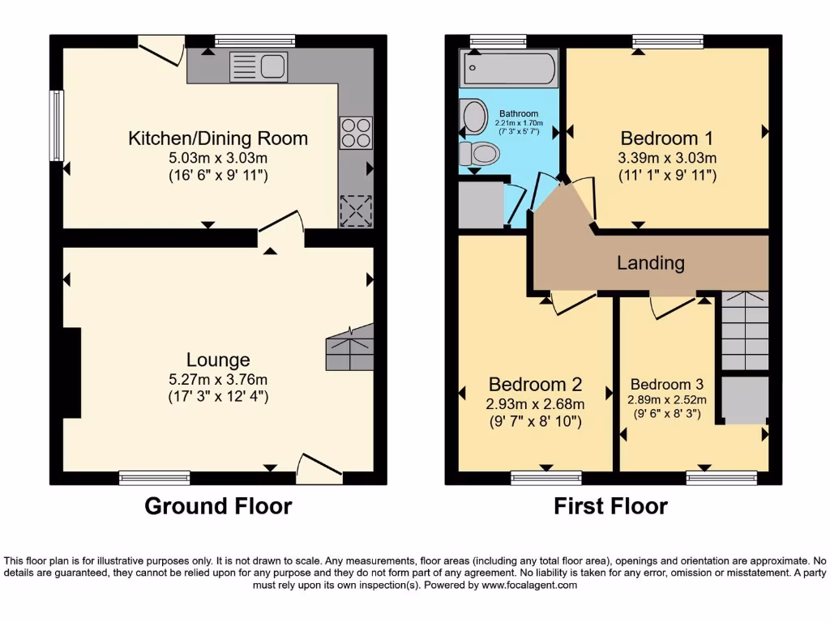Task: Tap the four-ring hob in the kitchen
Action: tap(357, 133)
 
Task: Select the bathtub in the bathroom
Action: tap(508, 69)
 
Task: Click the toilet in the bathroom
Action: tap(482, 152)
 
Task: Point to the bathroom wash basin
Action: tap(472, 116)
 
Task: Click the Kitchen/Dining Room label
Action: tap(218, 138)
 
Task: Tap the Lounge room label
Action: tap(218, 360)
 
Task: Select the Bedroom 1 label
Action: tap(659, 138)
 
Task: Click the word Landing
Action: tap(650, 263)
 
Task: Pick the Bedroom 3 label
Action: tap(666, 384)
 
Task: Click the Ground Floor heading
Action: tap(218, 506)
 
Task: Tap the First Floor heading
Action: tap(610, 506)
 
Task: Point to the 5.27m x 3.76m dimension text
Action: tap(218, 379)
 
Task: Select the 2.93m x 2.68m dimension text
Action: tap(535, 403)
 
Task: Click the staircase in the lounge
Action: tap(349, 348)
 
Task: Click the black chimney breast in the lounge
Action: tap(71, 373)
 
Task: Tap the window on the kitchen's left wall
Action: tap(57, 126)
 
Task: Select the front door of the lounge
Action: tap(318, 468)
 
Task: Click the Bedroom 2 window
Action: tap(545, 478)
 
